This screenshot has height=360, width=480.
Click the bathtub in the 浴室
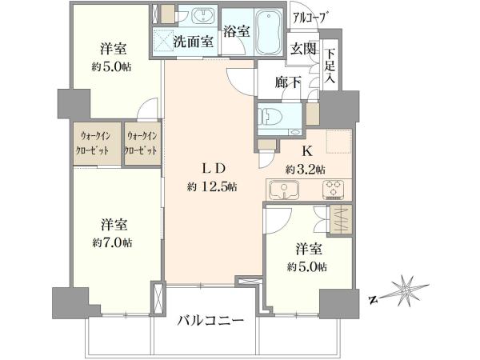269,32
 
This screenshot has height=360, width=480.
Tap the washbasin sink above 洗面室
202,16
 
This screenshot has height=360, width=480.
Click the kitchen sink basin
284,189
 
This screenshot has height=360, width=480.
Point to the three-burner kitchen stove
333,190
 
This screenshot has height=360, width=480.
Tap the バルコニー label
210,321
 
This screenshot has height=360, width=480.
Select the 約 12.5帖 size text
212,186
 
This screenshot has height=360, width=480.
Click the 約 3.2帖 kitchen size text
306,170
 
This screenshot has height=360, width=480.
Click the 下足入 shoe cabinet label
330,66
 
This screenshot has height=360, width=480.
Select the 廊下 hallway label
287,82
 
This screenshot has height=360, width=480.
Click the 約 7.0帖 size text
112,243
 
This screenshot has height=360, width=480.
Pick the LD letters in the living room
214,168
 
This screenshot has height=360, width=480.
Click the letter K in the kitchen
307,151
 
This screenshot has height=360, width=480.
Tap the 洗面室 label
194,42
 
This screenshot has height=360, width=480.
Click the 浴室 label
236,31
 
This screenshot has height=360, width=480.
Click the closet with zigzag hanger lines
342,219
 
